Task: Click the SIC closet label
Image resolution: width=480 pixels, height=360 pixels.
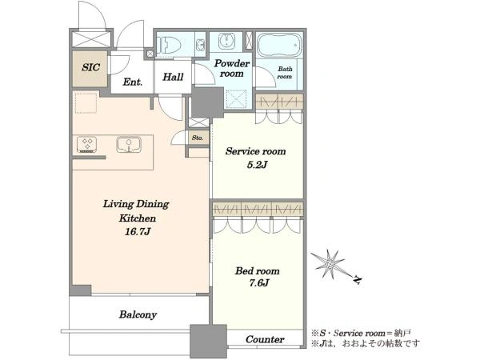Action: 90,67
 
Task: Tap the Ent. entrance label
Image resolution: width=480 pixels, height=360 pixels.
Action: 133,82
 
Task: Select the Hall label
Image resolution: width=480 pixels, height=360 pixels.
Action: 173,77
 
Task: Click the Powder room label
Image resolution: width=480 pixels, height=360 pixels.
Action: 232,68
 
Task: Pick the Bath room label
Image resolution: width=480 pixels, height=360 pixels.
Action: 285,73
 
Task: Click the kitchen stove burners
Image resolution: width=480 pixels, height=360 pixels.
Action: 87,144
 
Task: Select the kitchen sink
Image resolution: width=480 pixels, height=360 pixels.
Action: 129,145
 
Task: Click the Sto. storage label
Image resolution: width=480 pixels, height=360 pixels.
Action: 198,138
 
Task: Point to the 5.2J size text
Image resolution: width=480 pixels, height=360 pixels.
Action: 257,165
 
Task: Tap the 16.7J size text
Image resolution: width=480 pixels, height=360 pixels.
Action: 138,232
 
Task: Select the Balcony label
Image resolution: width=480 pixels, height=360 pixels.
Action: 138,314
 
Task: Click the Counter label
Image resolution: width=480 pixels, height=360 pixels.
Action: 265,339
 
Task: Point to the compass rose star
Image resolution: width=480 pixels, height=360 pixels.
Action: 329,263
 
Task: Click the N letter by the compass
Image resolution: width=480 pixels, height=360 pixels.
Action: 357,280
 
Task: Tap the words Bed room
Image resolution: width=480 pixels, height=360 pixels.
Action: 257,271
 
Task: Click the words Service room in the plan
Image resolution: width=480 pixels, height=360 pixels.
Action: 256,151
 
